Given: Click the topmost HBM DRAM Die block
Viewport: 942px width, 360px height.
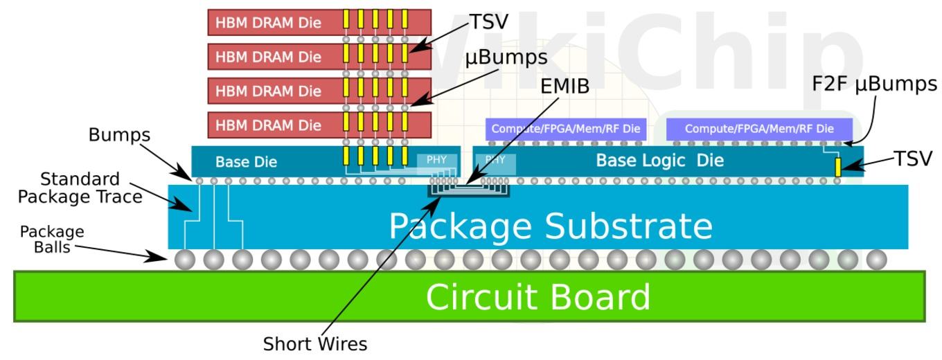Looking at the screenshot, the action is (319, 22).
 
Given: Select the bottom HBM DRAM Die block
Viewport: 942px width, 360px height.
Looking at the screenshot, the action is (319, 125).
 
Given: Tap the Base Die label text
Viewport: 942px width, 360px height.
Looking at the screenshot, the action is (246, 162).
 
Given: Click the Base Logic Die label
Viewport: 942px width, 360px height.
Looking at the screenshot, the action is (660, 160).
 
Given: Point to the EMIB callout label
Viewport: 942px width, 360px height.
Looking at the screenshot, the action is (565, 87).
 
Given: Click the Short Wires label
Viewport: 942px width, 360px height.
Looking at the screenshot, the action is (315, 344).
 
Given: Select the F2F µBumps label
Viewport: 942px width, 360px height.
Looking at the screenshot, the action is (874, 84).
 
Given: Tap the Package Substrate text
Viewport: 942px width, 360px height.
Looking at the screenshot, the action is (551, 226).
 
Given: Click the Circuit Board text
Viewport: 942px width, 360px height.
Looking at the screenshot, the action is (538, 296).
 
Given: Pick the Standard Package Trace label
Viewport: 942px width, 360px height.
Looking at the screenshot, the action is (80, 188).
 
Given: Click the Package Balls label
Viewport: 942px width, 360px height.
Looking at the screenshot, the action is (52, 240).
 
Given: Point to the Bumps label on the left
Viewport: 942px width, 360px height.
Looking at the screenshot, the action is (119, 135).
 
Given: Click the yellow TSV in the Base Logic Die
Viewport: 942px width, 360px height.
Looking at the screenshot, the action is (837, 167).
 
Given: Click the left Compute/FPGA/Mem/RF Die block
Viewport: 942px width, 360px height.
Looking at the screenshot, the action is (566, 129).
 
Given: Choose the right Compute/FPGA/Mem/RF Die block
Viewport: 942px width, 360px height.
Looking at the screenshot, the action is (759, 129).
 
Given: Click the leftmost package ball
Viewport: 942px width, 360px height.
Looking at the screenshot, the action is (185, 260).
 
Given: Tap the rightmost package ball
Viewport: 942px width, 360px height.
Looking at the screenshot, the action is (876, 260).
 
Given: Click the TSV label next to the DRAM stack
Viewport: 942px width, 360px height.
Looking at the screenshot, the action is (489, 22).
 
